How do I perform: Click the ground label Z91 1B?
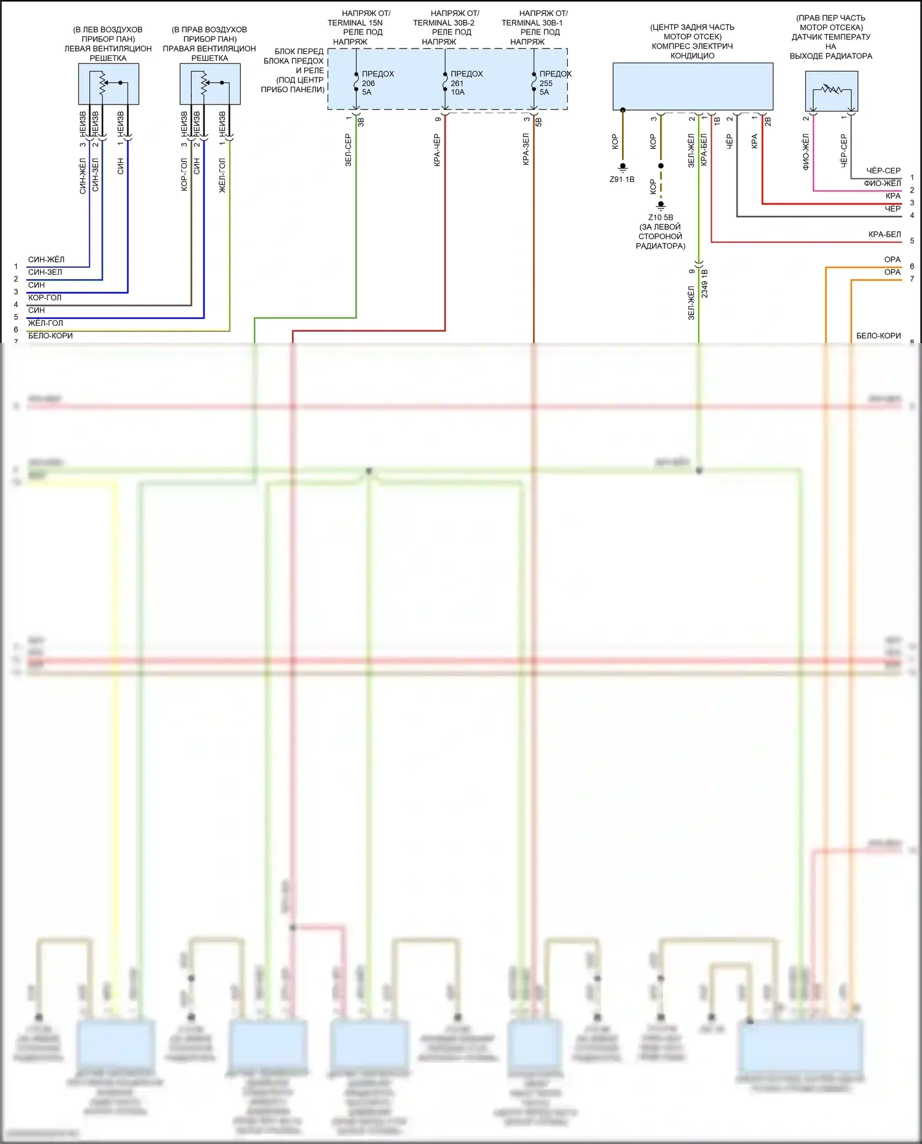pos(622,179)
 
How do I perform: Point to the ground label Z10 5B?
pos(660,218)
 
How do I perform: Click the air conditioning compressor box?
pos(693,86)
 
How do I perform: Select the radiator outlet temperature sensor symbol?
pos(832,91)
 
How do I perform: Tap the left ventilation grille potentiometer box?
pos(108,84)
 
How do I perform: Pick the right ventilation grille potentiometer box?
pos(210,84)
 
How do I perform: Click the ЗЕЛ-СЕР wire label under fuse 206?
pos(349,151)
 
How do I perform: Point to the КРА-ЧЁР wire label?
pos(437,151)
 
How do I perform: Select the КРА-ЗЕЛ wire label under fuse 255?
pos(526,149)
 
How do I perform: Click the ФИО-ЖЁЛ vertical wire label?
pos(806,152)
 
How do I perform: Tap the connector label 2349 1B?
pos(705,283)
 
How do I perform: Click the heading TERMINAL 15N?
pos(355,23)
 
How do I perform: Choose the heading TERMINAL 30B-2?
pos(444,23)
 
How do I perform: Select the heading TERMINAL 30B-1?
pos(532,23)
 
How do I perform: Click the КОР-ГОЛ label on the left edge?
pos(45,298)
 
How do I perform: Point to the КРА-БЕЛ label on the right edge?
pos(885,234)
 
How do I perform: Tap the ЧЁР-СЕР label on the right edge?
pos(883,170)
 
